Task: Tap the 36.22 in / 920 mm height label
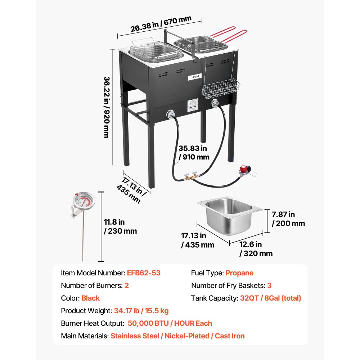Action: point(107,107)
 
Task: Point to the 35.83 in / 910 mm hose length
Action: point(193,152)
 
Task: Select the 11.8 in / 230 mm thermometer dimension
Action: point(120,226)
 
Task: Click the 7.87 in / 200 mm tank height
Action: point(288,219)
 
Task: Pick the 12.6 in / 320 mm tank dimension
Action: point(256,249)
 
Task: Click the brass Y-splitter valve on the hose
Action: point(190,176)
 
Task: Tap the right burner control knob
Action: point(215,104)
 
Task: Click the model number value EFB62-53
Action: point(144,273)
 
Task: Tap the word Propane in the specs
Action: point(239,273)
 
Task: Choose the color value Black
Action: point(90,298)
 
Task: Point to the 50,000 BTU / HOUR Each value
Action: point(170,323)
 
